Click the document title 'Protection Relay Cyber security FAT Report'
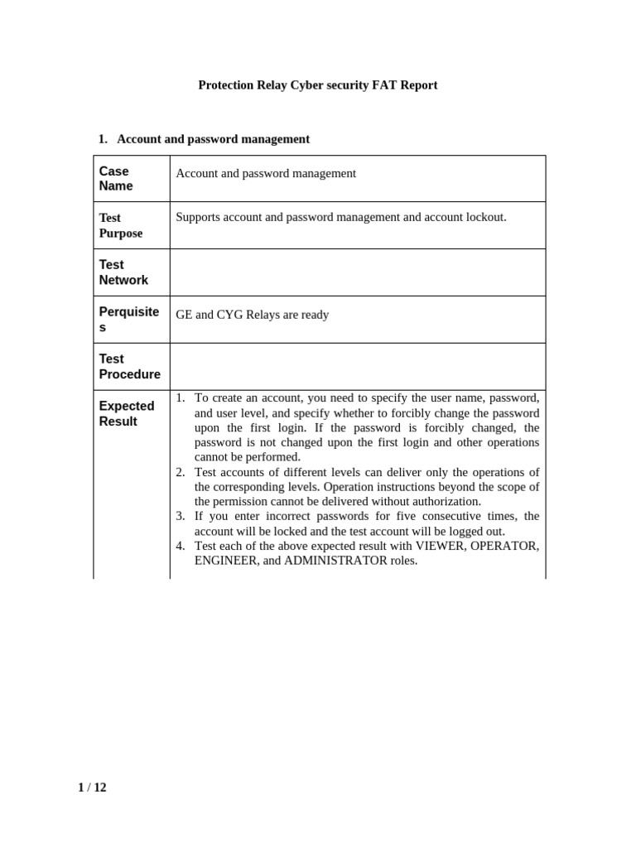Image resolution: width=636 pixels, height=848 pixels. [x=317, y=85]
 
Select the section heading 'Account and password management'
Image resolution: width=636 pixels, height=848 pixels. [x=213, y=139]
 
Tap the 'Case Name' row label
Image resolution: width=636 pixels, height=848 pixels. [x=116, y=179]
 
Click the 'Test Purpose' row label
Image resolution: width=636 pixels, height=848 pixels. [x=121, y=225]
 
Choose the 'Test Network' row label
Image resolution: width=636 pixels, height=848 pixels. [x=123, y=272]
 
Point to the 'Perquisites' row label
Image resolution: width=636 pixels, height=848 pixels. [x=128, y=320]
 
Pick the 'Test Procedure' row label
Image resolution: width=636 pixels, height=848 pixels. [x=129, y=367]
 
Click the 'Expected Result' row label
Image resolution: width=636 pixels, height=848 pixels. [x=127, y=413]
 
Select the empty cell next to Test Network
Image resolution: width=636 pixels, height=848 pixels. [x=358, y=272]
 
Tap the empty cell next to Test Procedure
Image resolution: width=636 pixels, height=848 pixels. [x=358, y=367]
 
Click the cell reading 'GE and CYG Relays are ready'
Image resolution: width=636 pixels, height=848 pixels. [x=253, y=315]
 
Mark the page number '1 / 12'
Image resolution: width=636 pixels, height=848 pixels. [x=92, y=788]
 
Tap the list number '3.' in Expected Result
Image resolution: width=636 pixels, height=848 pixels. [x=181, y=516]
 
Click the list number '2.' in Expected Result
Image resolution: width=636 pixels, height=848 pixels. [x=181, y=472]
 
